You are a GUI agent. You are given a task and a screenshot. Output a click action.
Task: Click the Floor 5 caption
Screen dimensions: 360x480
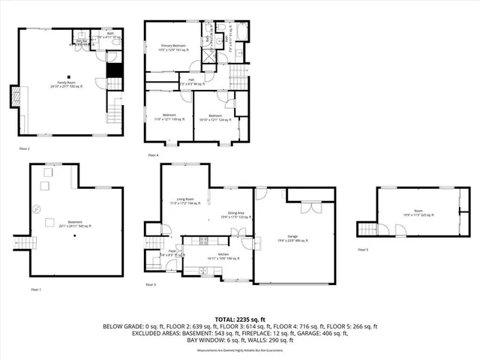coord(364,249)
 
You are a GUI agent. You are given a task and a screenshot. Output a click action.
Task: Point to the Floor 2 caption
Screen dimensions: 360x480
coord(25,149)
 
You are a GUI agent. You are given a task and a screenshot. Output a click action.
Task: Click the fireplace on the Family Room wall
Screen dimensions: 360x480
coord(13,96)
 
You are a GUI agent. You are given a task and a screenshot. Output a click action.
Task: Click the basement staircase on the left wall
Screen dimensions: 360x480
coord(20,241)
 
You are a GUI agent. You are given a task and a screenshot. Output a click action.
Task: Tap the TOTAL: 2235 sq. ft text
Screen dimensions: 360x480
coord(240,319)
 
